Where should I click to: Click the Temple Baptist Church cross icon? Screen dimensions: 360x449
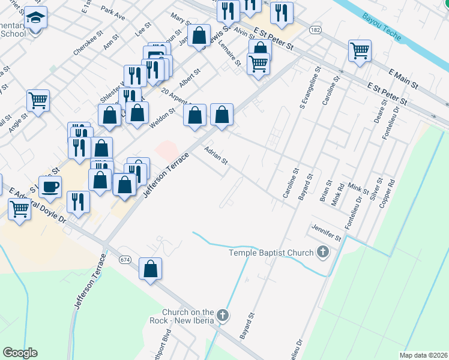click(x=323, y=253)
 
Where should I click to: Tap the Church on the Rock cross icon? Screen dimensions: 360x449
click(x=223, y=315)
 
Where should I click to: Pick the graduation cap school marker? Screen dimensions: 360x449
click(x=38, y=19)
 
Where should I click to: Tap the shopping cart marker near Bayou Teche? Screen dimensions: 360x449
click(x=360, y=51)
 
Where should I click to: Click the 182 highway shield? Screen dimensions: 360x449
click(x=314, y=29)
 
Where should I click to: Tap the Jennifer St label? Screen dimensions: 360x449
click(x=325, y=233)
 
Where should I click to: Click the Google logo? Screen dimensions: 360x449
click(x=20, y=353)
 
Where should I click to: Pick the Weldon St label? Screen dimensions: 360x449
click(x=162, y=115)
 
